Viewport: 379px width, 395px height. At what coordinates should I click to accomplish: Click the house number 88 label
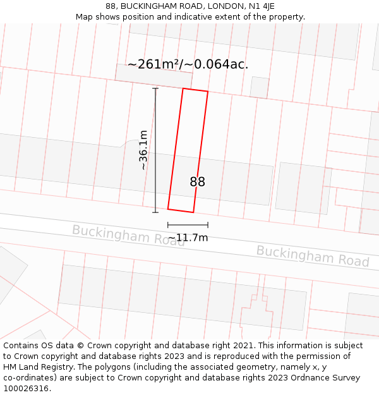[197, 182]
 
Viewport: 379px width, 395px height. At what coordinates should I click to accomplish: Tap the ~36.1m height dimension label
[144, 150]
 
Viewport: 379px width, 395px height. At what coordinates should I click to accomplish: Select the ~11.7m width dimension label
[188, 238]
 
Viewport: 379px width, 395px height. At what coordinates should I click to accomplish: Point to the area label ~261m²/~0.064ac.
[188, 64]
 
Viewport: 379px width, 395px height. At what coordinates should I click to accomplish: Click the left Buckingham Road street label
[128, 235]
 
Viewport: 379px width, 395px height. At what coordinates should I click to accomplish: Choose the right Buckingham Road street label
[313, 256]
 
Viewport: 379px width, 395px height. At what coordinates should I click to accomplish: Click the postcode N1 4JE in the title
[262, 6]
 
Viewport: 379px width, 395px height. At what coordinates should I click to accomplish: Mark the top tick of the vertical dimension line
[155, 88]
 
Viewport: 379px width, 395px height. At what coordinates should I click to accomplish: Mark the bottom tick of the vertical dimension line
[155, 212]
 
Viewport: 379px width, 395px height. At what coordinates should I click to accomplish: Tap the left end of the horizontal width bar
[168, 224]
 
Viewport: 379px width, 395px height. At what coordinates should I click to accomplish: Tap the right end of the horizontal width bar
[208, 224]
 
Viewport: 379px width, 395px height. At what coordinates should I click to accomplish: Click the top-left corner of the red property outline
[183, 88]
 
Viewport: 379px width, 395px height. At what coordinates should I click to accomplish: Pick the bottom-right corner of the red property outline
[193, 212]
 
